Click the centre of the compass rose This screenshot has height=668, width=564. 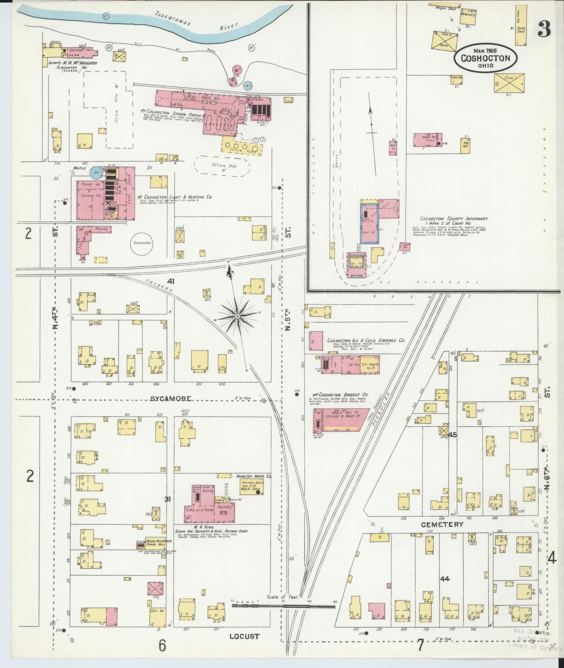coord(238,316)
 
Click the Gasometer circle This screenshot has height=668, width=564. coord(142,243)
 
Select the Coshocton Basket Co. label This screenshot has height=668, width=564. coord(340,395)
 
